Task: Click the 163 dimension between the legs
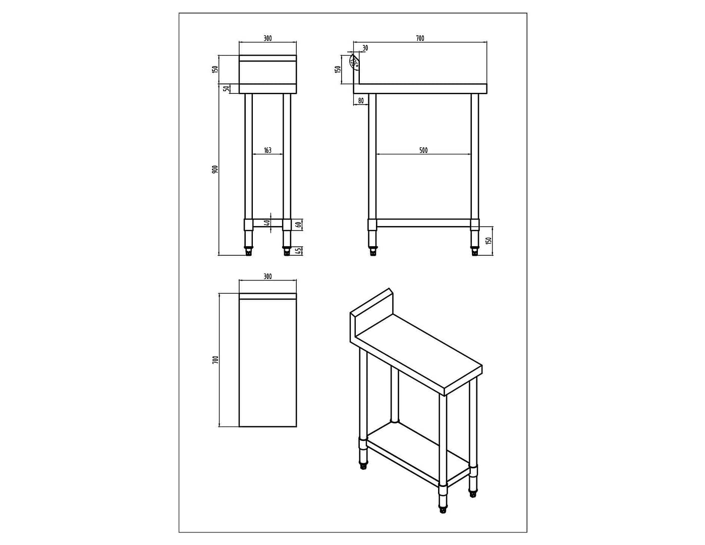click(x=267, y=150)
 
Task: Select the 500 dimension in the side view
click(x=423, y=150)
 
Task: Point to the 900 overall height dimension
click(x=214, y=169)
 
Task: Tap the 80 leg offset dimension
click(x=361, y=100)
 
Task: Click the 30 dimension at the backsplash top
click(x=365, y=48)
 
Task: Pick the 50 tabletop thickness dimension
click(x=227, y=88)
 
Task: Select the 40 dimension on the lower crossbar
click(x=268, y=223)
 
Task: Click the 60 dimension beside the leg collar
click(x=299, y=225)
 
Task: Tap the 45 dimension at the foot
click(x=299, y=250)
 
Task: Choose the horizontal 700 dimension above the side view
click(x=420, y=38)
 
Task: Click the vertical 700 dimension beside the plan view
click(x=215, y=360)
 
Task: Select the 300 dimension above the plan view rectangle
click(x=267, y=276)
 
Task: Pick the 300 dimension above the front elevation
click(x=267, y=38)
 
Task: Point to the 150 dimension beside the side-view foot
click(x=489, y=241)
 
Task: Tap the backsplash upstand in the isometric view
click(x=371, y=309)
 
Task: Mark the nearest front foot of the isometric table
click(x=443, y=510)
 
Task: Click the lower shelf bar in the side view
click(x=423, y=223)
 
